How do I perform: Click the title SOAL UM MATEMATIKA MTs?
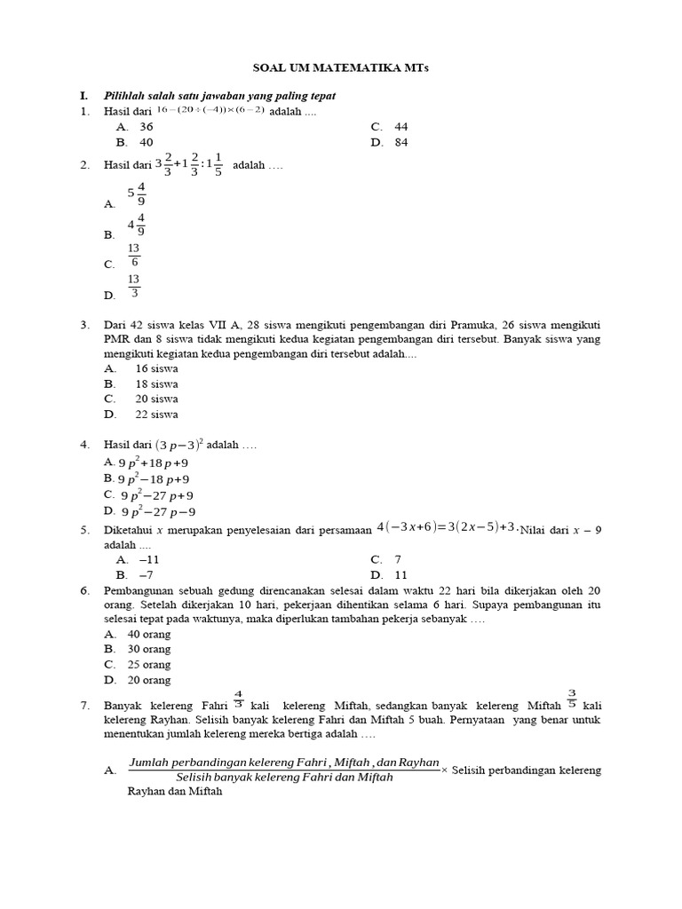pos(340,68)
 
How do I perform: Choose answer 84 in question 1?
pos(401,142)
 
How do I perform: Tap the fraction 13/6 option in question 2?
pos(134,256)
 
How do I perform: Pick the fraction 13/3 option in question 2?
pos(134,286)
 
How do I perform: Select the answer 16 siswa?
pos(156,368)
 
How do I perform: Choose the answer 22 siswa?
pos(156,415)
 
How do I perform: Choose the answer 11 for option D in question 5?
pos(400,575)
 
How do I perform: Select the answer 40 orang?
pos(149,635)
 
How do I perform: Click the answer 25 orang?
pos(149,665)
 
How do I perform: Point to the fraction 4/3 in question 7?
pos(238,699)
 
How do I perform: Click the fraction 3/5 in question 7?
pos(572,699)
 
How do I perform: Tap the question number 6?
pos(85,590)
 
